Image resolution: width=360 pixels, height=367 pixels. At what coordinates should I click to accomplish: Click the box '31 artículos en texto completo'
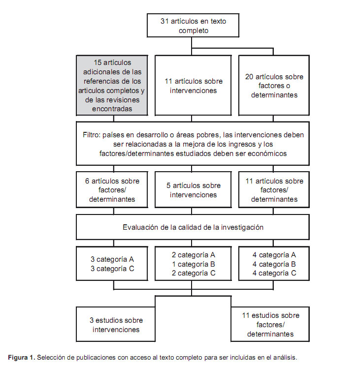pyautogui.click(x=193, y=26)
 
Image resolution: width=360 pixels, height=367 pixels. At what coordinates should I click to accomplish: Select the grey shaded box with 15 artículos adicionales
pyautogui.click(x=112, y=86)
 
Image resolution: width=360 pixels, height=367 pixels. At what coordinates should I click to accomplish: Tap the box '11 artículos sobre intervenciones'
pyautogui.click(x=193, y=86)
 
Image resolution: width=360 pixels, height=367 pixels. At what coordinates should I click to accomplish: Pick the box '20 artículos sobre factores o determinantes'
pyautogui.click(x=274, y=86)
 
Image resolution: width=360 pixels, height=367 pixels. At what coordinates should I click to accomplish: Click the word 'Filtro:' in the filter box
pyautogui.click(x=92, y=135)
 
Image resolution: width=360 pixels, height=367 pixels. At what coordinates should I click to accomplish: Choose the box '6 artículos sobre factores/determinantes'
pyautogui.click(x=112, y=189)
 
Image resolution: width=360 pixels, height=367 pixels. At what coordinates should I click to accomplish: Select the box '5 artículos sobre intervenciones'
pyautogui.click(x=193, y=189)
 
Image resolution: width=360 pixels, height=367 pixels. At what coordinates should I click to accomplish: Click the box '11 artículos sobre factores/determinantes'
pyautogui.click(x=274, y=189)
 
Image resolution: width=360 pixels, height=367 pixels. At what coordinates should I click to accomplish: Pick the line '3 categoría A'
pyautogui.click(x=112, y=259)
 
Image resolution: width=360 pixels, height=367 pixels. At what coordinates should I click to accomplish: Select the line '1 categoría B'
pyautogui.click(x=194, y=264)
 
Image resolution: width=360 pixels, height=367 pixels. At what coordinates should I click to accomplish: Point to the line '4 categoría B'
pyautogui.click(x=274, y=264)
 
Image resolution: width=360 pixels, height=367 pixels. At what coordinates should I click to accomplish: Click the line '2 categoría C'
pyautogui.click(x=194, y=273)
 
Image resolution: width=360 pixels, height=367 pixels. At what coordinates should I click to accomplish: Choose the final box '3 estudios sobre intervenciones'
pyautogui.click(x=116, y=324)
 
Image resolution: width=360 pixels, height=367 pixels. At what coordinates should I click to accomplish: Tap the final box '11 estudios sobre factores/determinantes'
pyautogui.click(x=270, y=324)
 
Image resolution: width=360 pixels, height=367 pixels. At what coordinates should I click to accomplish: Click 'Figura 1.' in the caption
pyautogui.click(x=22, y=358)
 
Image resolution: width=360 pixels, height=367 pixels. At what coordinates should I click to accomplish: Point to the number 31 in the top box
pyautogui.click(x=164, y=21)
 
